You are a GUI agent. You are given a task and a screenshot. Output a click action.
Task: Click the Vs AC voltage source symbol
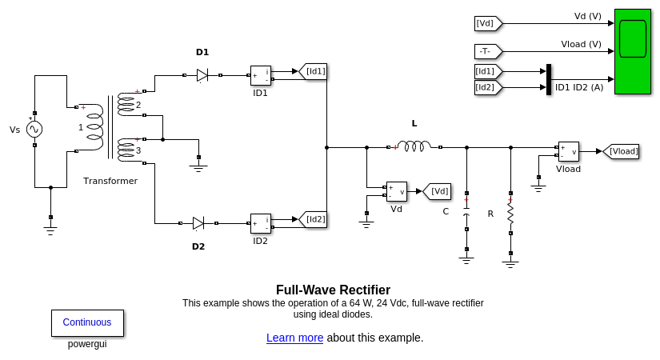pyautogui.click(x=34, y=129)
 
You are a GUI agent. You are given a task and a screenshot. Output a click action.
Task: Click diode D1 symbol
pyautogui.click(x=202, y=75)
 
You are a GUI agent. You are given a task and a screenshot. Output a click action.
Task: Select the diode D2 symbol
pyautogui.click(x=198, y=223)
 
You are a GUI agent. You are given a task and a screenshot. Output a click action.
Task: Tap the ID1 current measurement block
pyautogui.click(x=261, y=75)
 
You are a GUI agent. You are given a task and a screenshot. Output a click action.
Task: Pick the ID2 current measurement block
pyautogui.click(x=261, y=223)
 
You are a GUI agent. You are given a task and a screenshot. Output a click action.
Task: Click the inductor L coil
pyautogui.click(x=414, y=146)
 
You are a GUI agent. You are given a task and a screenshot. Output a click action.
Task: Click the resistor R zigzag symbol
pyautogui.click(x=510, y=214)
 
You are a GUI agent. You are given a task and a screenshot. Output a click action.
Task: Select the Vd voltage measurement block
pyautogui.click(x=397, y=191)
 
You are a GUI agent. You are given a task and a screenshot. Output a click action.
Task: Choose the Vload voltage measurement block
pyautogui.click(x=569, y=151)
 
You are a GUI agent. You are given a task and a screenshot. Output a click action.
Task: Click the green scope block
pyautogui.click(x=632, y=51)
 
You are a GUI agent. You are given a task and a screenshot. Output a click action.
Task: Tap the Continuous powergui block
pyautogui.click(x=87, y=322)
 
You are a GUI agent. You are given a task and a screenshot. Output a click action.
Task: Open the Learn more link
pyautogui.click(x=294, y=338)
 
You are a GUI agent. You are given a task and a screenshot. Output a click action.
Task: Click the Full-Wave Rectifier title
pyautogui.click(x=333, y=290)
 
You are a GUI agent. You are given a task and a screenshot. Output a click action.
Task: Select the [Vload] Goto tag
pyautogui.click(x=622, y=151)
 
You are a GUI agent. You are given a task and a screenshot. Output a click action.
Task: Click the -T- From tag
pyautogui.click(x=487, y=51)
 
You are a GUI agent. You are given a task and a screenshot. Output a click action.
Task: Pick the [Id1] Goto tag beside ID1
pyautogui.click(x=314, y=71)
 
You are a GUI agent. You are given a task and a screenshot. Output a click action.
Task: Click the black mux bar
pyautogui.click(x=549, y=79)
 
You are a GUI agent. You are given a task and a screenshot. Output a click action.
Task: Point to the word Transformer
pyautogui.click(x=110, y=181)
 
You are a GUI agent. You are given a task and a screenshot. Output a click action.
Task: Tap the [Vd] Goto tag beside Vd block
pyautogui.click(x=438, y=191)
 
